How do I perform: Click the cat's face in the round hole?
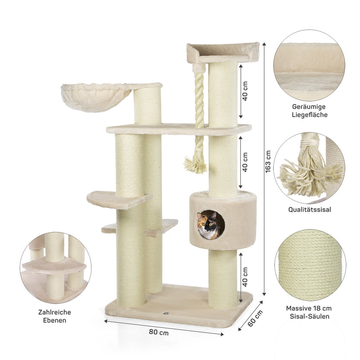[x=208, y=225]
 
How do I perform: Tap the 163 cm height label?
[x=268, y=161]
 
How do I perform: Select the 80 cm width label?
[x=159, y=332]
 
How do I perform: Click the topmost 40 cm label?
[x=245, y=91]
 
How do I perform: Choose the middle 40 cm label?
[x=245, y=162]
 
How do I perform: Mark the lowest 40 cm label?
[x=245, y=277]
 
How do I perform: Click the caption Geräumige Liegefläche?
[x=309, y=111]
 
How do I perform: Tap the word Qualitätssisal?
[x=310, y=210]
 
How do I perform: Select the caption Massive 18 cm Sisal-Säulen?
[x=309, y=312]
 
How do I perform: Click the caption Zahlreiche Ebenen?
[x=55, y=316]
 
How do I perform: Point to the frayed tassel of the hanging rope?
[x=195, y=165]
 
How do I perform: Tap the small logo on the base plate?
[x=166, y=313]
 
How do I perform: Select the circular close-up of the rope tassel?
[x=309, y=168]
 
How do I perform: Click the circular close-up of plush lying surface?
[x=309, y=66]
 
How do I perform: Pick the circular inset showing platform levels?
[x=55, y=267]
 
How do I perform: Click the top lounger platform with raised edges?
[x=223, y=53]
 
